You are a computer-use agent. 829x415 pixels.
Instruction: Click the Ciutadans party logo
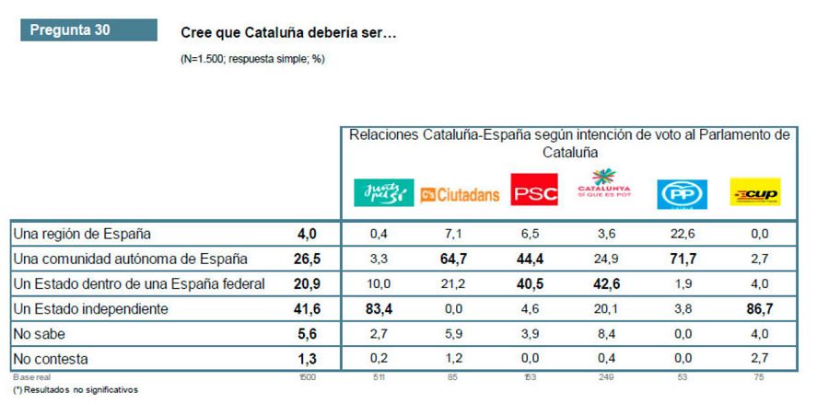pyautogui.click(x=460, y=194)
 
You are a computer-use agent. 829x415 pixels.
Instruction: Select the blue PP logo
pyautogui.click(x=682, y=194)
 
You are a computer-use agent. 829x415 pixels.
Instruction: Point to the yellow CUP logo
pyautogui.click(x=754, y=194)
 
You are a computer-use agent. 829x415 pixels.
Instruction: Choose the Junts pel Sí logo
pyautogui.click(x=383, y=194)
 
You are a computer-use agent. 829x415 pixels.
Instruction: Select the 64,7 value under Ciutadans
pyautogui.click(x=460, y=259)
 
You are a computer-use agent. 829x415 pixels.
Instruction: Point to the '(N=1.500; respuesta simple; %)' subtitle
pyautogui.click(x=253, y=59)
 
